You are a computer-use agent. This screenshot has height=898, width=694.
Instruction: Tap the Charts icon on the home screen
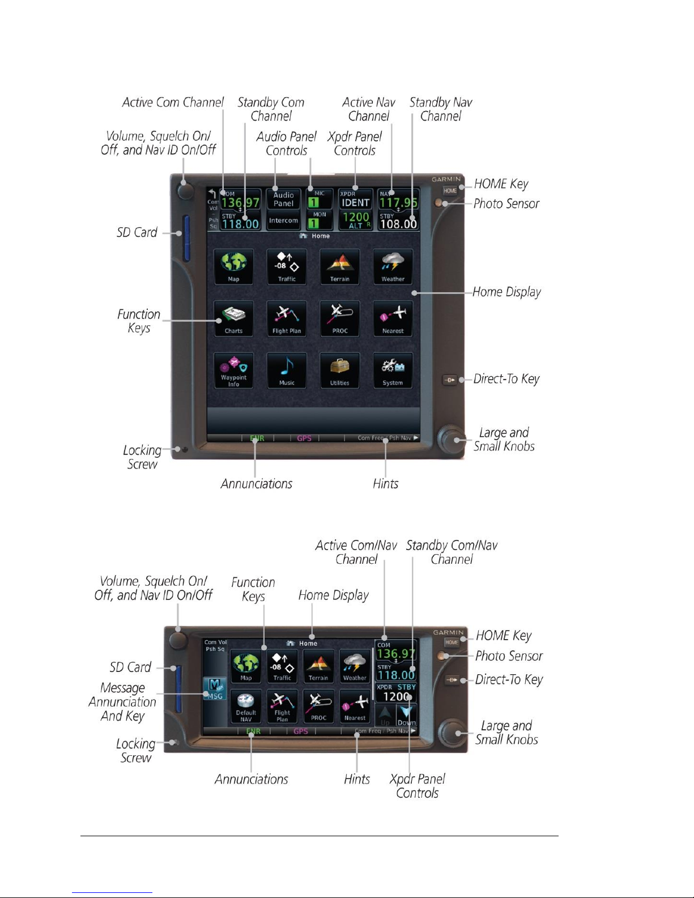point(233,318)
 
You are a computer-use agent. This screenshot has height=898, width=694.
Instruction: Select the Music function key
point(287,371)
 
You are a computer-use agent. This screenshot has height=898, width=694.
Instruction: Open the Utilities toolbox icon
point(340,371)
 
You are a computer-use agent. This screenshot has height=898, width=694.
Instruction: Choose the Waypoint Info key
point(233,371)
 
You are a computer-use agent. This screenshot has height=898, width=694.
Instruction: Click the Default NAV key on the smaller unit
point(246,706)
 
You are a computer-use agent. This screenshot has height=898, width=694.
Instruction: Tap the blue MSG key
point(215,689)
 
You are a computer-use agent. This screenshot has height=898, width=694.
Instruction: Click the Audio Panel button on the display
point(283,199)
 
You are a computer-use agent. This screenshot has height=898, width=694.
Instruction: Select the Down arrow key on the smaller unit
point(406,715)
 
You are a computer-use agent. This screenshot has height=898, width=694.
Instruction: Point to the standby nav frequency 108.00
point(398,223)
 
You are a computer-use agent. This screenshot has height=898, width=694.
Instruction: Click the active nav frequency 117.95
point(398,202)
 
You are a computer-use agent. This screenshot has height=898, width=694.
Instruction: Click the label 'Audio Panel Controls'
point(287,143)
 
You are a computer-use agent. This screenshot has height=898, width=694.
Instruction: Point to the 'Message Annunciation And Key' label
point(122,702)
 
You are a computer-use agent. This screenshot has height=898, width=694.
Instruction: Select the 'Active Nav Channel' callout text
point(369,109)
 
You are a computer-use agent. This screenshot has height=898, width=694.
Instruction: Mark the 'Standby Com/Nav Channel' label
point(452,552)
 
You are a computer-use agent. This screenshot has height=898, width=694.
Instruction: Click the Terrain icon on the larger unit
point(340,266)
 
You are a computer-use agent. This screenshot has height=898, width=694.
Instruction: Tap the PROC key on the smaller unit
point(318,706)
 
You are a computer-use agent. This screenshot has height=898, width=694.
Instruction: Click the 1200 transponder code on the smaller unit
point(395,697)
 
